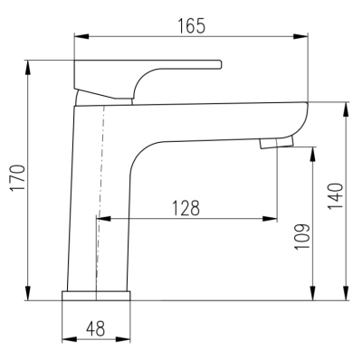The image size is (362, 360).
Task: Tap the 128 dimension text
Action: point(185,207)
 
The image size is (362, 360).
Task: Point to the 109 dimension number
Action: point(302,236)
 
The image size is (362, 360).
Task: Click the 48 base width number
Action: point(95,328)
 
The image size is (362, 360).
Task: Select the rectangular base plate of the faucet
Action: point(95,298)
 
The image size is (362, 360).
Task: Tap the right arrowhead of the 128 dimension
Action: point(272,219)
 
